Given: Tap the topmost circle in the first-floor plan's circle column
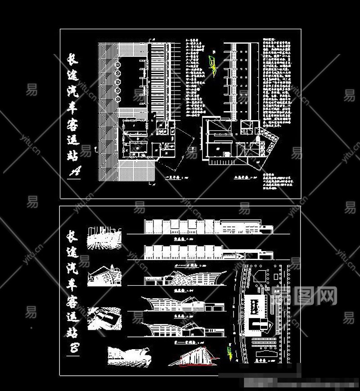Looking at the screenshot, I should tap(118, 63).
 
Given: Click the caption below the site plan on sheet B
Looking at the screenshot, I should tap(261, 361).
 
